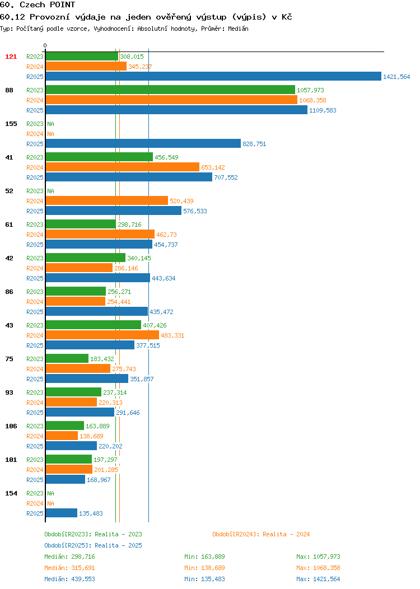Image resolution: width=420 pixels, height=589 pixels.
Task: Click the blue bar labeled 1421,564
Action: click(x=213, y=76)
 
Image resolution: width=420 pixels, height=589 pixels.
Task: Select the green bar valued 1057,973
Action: click(x=171, y=90)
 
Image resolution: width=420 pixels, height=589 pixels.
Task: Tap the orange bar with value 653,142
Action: click(x=123, y=167)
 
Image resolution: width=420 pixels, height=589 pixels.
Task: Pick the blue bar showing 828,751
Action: click(x=143, y=143)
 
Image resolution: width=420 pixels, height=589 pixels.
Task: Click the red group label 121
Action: click(x=11, y=57)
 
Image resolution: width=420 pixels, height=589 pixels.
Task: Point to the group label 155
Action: click(x=11, y=124)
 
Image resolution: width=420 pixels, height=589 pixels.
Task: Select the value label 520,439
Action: click(x=181, y=201)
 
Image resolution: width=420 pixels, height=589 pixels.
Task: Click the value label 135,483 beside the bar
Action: click(x=91, y=513)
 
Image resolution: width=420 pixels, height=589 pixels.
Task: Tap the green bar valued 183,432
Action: click(x=67, y=358)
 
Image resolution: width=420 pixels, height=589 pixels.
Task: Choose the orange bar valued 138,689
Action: click(x=62, y=436)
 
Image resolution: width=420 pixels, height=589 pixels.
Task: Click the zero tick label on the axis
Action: click(x=45, y=45)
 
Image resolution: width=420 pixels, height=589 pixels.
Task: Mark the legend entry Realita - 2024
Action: click(x=261, y=534)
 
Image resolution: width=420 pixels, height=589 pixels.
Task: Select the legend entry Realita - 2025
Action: click(x=93, y=545)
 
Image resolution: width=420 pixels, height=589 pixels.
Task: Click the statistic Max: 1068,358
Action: click(x=318, y=568)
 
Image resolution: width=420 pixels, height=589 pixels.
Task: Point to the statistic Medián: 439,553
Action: click(x=69, y=579)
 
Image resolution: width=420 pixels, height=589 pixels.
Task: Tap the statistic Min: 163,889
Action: click(x=204, y=557)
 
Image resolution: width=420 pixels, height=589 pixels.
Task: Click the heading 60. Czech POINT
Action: click(x=38, y=5)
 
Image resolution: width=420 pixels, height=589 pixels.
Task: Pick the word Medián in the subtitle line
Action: click(x=238, y=29)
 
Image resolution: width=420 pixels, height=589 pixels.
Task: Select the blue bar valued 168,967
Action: click(x=66, y=479)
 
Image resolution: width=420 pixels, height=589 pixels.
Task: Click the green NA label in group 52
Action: click(x=51, y=191)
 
